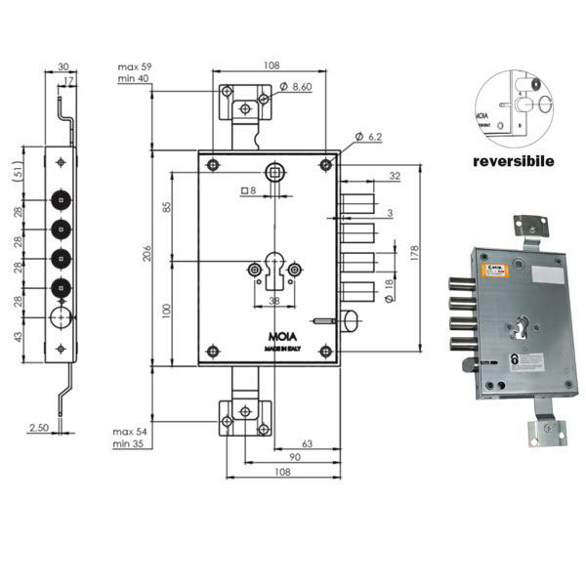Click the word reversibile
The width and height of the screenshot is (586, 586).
[514, 159]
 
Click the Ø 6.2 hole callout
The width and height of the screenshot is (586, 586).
[367, 135]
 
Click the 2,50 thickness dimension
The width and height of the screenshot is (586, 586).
[39, 428]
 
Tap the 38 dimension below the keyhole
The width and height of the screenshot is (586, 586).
[273, 302]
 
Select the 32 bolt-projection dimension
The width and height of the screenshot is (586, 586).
[395, 177]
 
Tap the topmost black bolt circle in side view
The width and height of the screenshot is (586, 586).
[62, 200]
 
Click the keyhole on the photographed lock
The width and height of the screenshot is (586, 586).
[520, 328]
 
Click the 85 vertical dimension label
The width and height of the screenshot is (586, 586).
[167, 207]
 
